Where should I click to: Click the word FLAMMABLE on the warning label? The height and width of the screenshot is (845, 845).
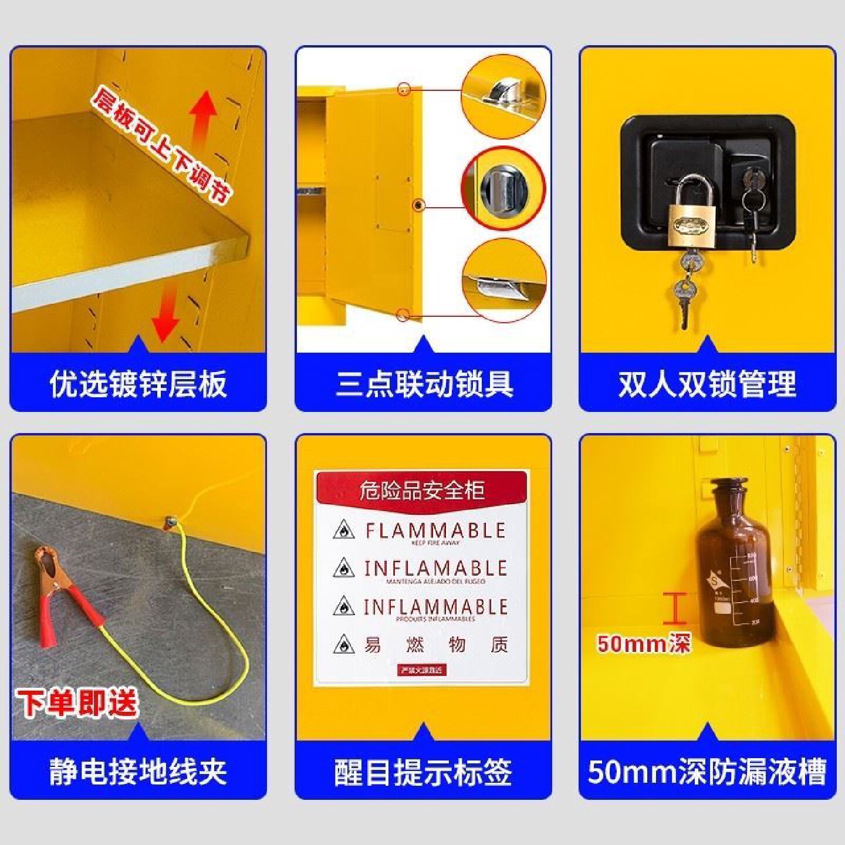(x=435, y=531)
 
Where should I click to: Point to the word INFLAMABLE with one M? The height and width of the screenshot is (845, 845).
(x=435, y=568)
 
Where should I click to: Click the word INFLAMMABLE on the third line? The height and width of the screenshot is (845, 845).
(x=435, y=607)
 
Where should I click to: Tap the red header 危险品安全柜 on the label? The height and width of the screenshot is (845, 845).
(x=422, y=490)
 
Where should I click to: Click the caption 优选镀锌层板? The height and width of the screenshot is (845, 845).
(x=138, y=384)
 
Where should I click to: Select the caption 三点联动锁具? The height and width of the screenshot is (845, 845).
(x=424, y=384)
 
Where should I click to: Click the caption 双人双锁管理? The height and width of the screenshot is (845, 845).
(x=707, y=384)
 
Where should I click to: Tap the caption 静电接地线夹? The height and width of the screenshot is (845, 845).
(x=138, y=772)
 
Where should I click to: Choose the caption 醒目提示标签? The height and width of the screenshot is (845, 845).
(x=424, y=772)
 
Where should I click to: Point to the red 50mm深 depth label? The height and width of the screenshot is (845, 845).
(x=644, y=644)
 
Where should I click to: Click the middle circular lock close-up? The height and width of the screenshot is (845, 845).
(x=503, y=189)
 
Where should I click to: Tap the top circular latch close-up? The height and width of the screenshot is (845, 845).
(x=503, y=96)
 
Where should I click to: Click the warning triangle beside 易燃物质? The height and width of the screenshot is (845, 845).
(x=344, y=645)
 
